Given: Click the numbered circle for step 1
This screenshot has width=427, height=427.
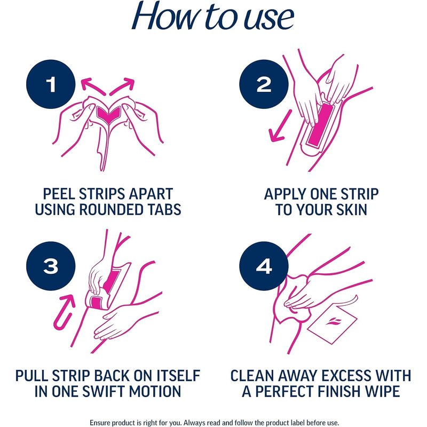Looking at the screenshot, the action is (x=51, y=84).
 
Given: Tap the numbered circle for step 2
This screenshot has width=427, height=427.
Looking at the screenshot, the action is (x=264, y=84).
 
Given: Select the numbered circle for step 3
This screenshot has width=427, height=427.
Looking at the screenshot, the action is (x=51, y=266).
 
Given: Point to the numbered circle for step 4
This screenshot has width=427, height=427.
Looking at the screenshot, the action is (x=264, y=266).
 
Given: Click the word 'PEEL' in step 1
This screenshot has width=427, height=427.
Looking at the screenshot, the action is (x=59, y=194).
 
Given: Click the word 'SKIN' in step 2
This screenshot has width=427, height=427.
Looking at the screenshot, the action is (x=352, y=209).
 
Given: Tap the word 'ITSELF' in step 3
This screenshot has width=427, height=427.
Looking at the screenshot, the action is (x=178, y=376).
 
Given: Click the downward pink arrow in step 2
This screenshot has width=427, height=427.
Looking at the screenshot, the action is (x=280, y=126).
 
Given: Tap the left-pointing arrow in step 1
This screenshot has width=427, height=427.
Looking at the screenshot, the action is (x=92, y=85).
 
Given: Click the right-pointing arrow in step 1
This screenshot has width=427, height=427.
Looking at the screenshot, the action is (x=122, y=86).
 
